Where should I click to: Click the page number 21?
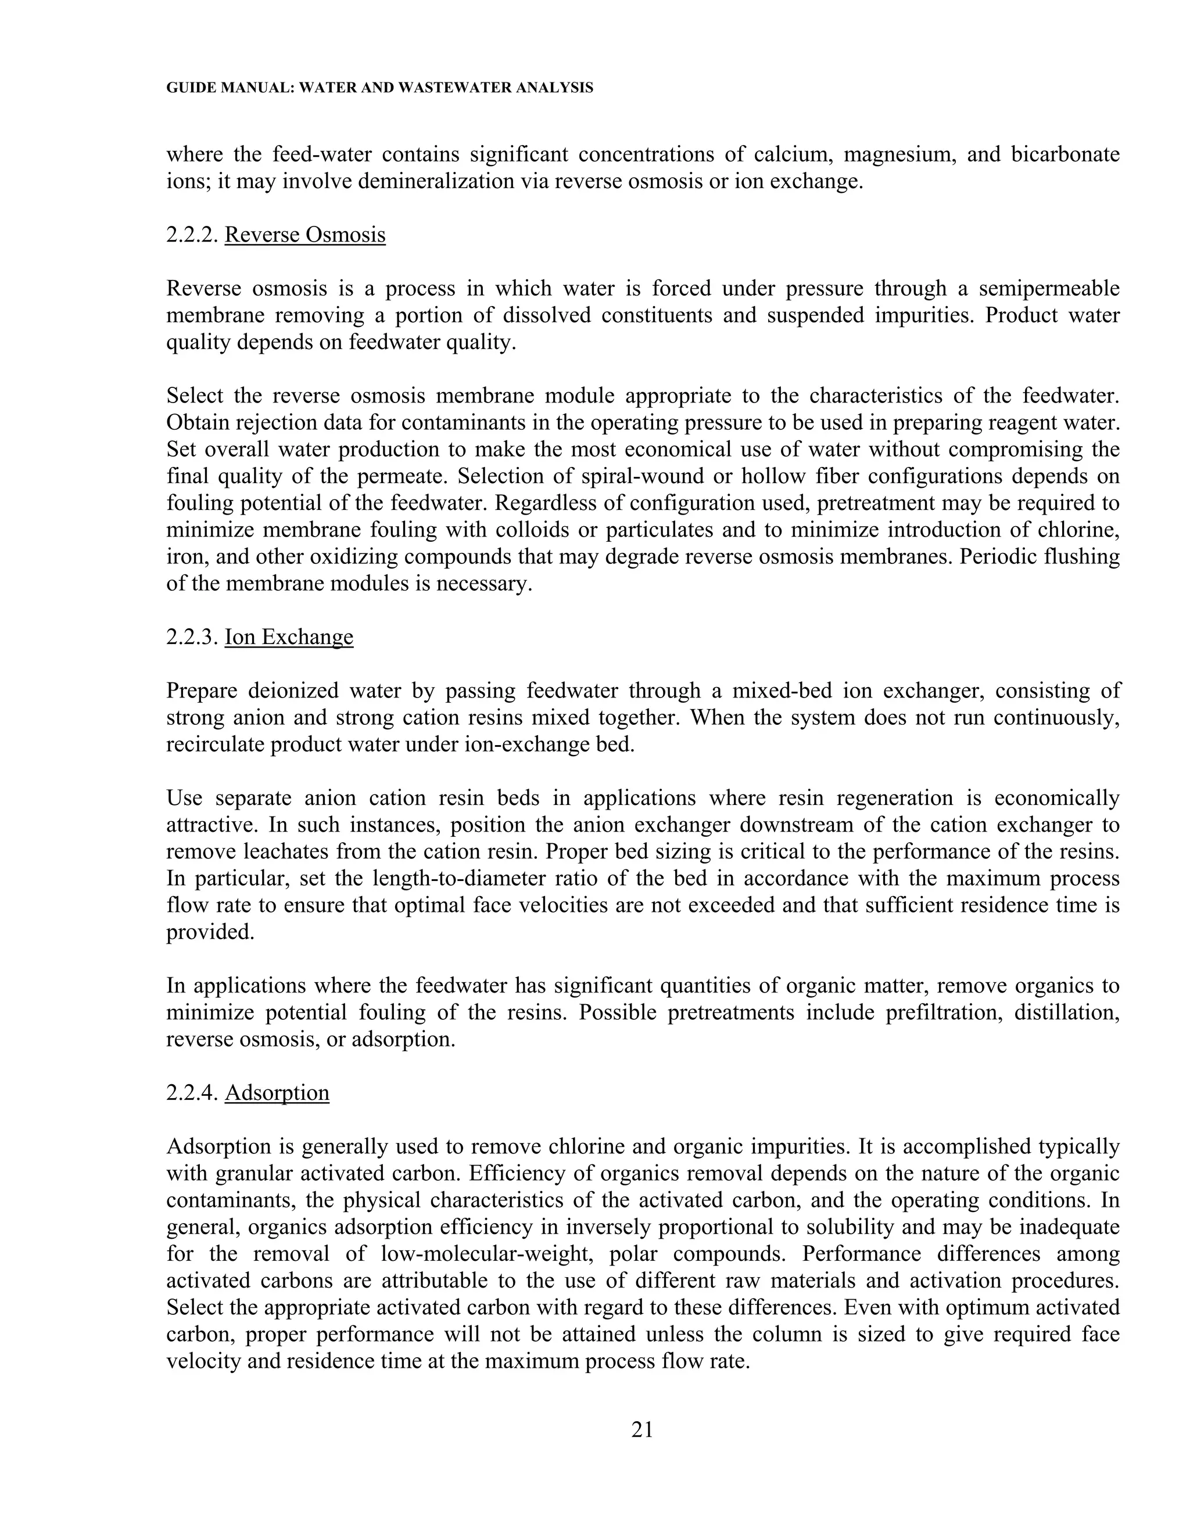point(642,1429)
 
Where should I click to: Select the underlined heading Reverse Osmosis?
point(304,235)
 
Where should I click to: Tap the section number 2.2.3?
point(192,637)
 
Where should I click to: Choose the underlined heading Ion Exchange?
point(288,637)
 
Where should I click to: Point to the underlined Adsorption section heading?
point(277,1092)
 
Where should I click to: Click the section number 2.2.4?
point(192,1092)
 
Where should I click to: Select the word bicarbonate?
point(1065,154)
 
